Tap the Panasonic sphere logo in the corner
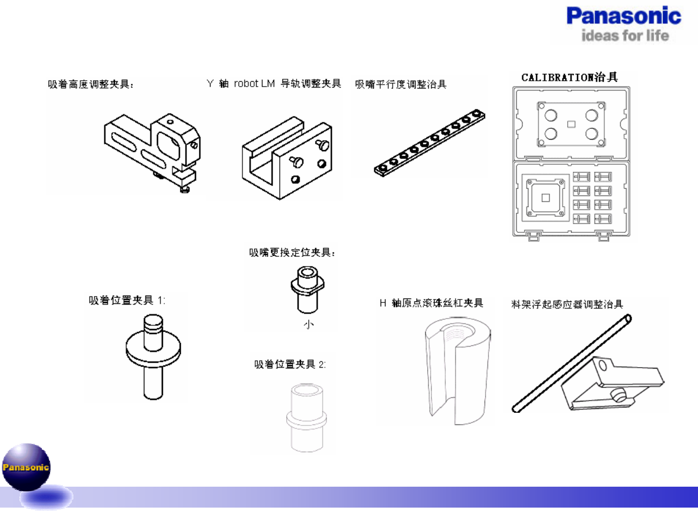26,467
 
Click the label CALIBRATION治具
569,77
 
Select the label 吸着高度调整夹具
90,84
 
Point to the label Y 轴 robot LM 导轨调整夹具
274,84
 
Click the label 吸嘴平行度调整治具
401,84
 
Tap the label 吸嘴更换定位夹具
292,252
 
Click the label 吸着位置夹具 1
127,300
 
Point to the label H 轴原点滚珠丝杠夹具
431,303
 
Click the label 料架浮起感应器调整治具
567,304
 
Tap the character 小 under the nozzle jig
309,324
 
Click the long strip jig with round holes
430,142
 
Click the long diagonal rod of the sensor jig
571,364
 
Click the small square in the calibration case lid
571,124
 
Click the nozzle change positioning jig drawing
307,289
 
